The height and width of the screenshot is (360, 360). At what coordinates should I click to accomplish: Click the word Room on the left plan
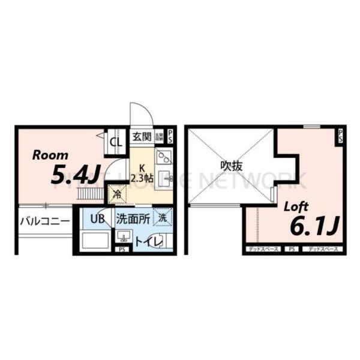[46, 155]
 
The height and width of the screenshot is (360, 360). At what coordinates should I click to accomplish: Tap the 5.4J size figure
[75, 175]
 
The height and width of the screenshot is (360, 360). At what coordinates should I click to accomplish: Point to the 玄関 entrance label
[142, 136]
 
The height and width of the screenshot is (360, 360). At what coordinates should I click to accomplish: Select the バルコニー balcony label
[44, 221]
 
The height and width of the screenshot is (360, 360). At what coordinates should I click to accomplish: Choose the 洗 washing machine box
[163, 217]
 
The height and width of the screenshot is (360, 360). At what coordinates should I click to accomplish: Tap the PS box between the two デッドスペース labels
[291, 248]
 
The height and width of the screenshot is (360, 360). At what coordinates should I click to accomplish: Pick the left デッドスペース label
[262, 248]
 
